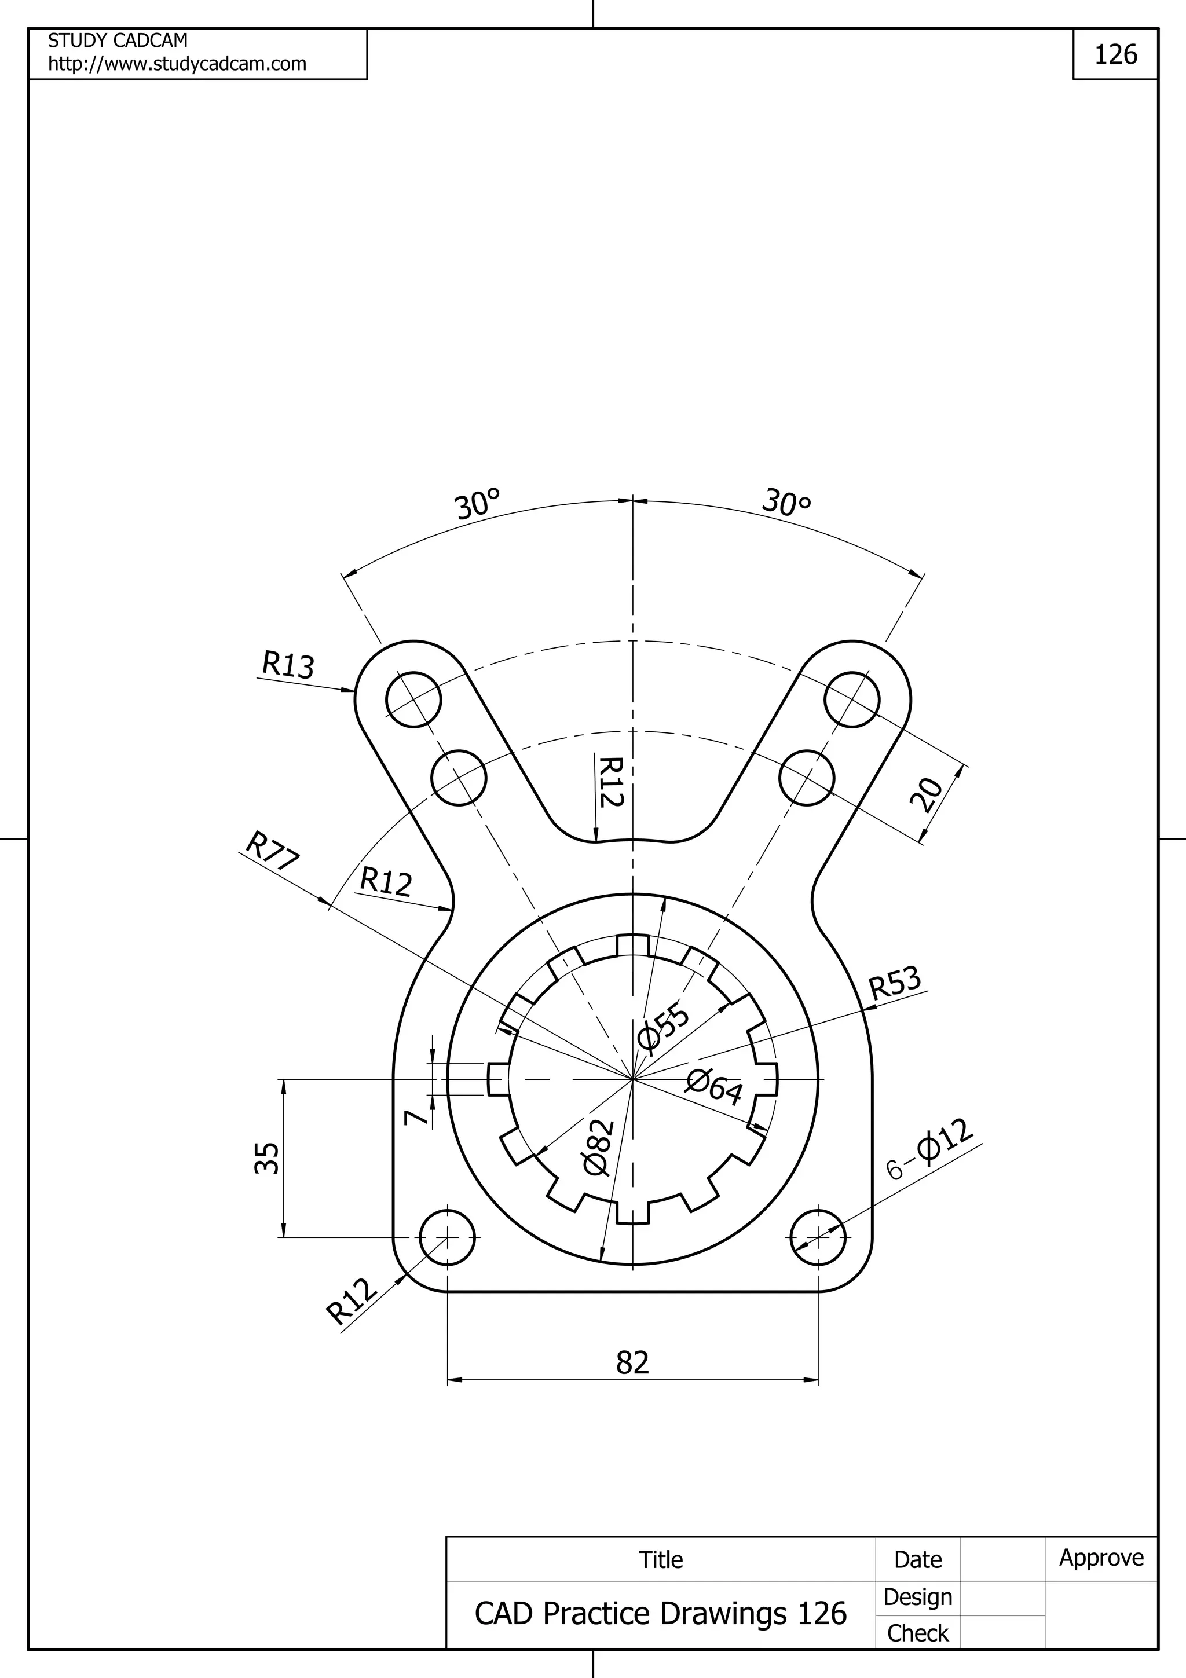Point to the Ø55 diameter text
pyautogui.click(x=664, y=1027)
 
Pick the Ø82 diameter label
pyautogui.click(x=598, y=1148)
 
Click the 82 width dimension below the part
pyautogui.click(x=632, y=1362)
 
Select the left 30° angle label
pyautogui.click(x=478, y=504)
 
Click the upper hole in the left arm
pyautogui.click(x=413, y=699)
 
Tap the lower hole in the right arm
pyautogui.click(x=807, y=778)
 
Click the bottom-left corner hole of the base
pyautogui.click(x=447, y=1237)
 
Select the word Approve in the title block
pyautogui.click(x=1101, y=1558)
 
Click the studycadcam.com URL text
pyautogui.click(x=178, y=64)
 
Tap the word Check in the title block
pyautogui.click(x=917, y=1633)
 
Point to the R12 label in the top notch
pyautogui.click(x=611, y=782)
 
